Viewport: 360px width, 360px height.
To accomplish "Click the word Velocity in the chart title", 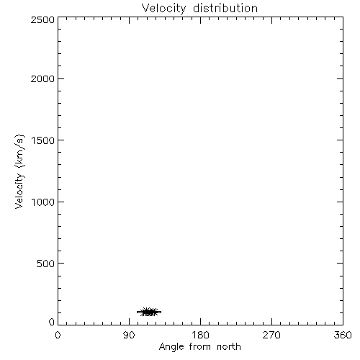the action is (x=164, y=9).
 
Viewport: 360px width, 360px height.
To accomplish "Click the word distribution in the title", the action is (x=225, y=8).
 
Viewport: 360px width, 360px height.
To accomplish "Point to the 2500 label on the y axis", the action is (x=42, y=19).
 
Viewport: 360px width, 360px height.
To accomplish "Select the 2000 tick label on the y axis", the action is (x=42, y=78).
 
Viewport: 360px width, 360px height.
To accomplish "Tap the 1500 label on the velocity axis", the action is (x=43, y=140).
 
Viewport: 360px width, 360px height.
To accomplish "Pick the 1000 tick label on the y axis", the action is (x=43, y=202).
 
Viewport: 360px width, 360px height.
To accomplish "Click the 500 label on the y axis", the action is (x=46, y=264).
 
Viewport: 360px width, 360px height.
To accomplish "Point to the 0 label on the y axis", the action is (x=52, y=322).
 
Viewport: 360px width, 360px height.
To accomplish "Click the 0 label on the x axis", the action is (x=58, y=335).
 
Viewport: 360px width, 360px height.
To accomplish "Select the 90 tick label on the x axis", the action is (x=129, y=335).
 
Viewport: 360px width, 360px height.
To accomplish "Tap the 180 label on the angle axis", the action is (x=200, y=335).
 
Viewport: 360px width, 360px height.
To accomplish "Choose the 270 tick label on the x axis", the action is (x=271, y=335).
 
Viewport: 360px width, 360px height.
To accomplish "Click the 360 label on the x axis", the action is (x=343, y=335).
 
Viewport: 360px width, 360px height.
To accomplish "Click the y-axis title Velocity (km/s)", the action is (x=19, y=171).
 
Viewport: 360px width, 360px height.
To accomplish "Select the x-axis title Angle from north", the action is (x=200, y=347).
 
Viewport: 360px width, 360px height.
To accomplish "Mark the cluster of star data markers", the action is (x=149, y=312).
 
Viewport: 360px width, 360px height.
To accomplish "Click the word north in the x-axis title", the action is (x=229, y=346).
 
